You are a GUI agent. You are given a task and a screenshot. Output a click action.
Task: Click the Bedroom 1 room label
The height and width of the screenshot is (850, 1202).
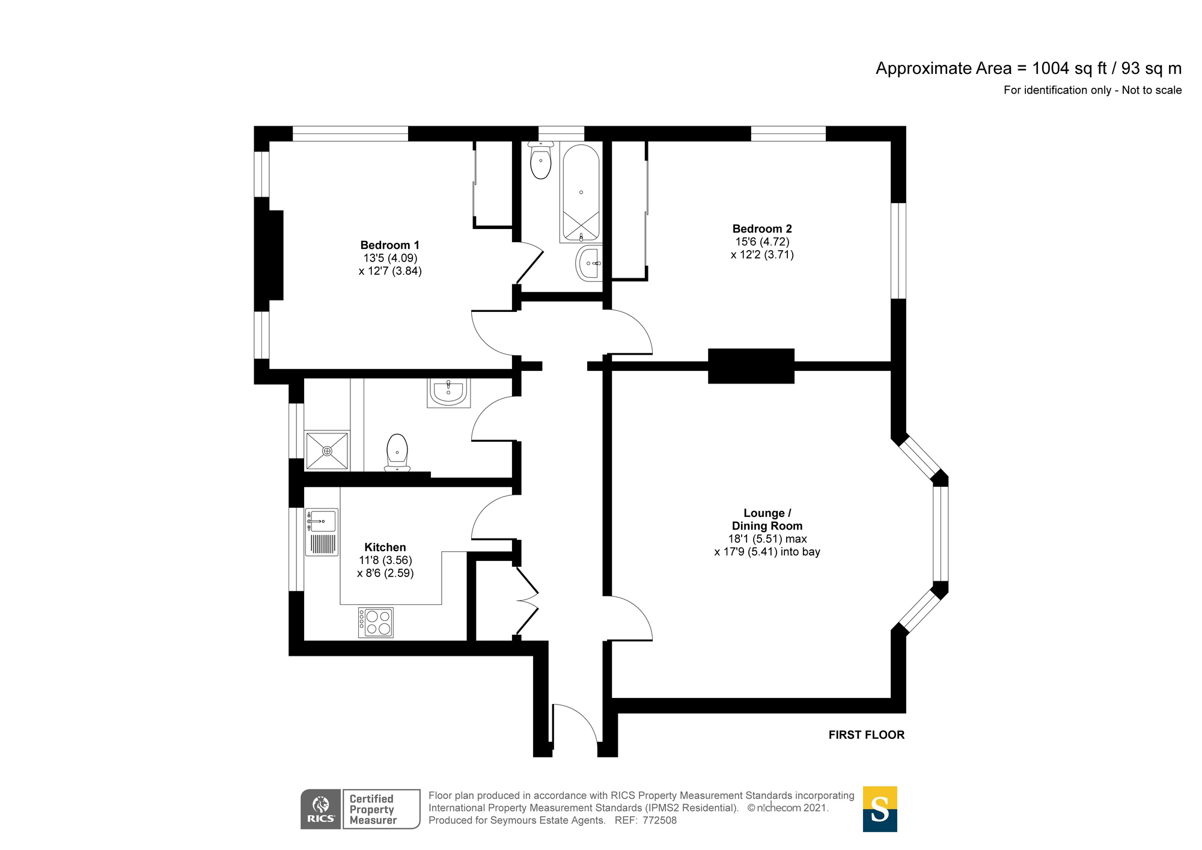click(x=390, y=245)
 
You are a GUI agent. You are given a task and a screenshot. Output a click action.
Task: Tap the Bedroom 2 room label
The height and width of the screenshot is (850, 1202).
click(x=762, y=229)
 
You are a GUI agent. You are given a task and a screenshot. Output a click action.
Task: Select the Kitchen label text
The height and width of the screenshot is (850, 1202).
click(x=385, y=548)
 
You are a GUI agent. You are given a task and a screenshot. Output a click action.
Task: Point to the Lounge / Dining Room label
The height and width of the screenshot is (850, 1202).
click(x=767, y=519)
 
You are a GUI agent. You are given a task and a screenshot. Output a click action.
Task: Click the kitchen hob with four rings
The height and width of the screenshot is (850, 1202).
click(x=376, y=622)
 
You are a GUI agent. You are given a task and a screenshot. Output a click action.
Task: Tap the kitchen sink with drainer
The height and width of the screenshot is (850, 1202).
click(x=322, y=531)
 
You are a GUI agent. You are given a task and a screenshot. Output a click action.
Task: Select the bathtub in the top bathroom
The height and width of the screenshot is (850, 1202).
click(x=581, y=193)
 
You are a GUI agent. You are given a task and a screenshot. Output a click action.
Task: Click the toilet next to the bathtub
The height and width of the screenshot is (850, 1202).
click(x=541, y=161)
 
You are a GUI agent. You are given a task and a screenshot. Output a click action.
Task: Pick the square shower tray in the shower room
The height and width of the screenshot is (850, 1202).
click(x=327, y=450)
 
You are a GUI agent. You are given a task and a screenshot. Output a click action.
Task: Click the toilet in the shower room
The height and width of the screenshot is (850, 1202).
click(x=397, y=452)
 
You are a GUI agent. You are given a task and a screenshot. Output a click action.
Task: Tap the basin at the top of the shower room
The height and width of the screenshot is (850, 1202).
click(x=448, y=392)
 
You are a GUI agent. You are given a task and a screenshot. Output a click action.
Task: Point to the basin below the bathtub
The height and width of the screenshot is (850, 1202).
click(x=589, y=263)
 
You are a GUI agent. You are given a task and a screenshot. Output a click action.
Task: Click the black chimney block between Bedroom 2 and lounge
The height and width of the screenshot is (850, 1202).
click(x=751, y=365)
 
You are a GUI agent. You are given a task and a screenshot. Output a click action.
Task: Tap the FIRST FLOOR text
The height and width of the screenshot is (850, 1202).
click(x=866, y=735)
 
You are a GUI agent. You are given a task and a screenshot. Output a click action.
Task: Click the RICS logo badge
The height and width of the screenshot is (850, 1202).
click(x=320, y=809)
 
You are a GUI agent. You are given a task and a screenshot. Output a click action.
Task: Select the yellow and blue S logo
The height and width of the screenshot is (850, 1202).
click(x=879, y=809)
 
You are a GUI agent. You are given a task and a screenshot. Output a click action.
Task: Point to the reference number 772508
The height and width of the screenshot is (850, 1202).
click(x=659, y=821)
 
